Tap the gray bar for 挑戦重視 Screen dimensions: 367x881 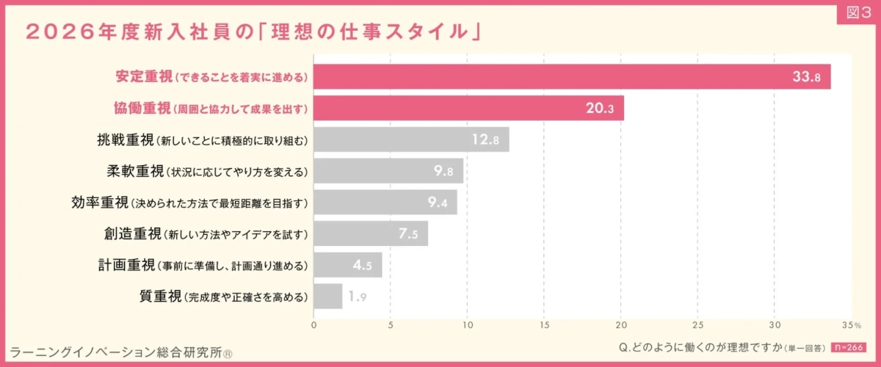point(411,139)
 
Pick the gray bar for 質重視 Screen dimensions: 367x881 point(327,297)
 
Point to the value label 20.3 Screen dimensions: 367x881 point(599,109)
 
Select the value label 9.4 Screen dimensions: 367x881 point(438,203)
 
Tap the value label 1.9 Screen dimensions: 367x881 point(357,297)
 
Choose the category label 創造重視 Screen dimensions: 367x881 point(132,234)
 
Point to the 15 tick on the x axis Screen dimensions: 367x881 point(544,324)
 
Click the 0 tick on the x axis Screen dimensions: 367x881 point(313,324)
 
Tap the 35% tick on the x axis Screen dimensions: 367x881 point(851,324)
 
